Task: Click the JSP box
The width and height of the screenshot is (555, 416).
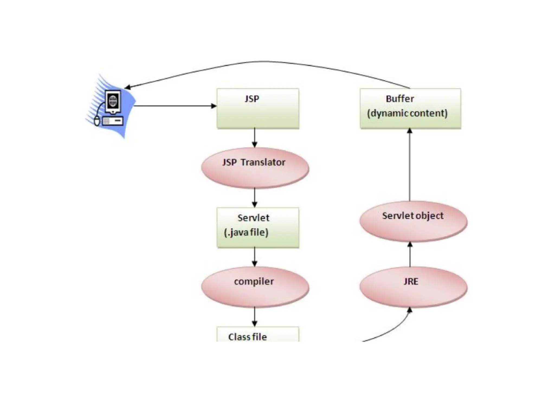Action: (x=258, y=108)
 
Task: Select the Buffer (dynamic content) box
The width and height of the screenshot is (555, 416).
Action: (x=410, y=108)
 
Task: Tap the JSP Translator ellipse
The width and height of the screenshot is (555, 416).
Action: (x=255, y=168)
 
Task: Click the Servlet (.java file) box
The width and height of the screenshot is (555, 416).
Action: (x=258, y=227)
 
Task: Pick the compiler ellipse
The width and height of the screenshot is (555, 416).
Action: (x=255, y=287)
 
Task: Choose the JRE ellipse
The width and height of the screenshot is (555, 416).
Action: (x=413, y=287)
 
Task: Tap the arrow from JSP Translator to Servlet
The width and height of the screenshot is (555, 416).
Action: (x=254, y=197)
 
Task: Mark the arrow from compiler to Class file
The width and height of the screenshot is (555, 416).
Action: (x=254, y=316)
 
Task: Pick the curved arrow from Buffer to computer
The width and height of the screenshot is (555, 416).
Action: (x=266, y=62)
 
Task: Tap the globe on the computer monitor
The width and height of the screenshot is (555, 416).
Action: (x=113, y=101)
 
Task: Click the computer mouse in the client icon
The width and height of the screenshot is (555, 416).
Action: (x=97, y=121)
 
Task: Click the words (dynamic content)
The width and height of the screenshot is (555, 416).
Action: (x=407, y=113)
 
